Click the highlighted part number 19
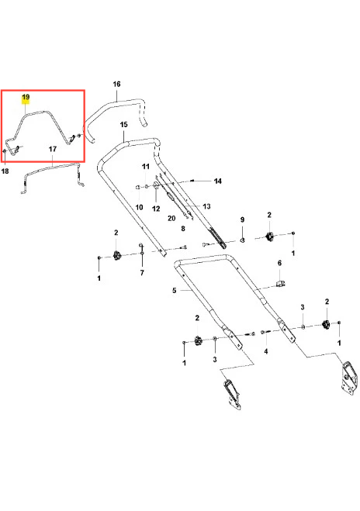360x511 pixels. (x=26, y=98)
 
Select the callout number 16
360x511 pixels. (x=116, y=84)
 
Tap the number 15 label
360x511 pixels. (x=123, y=125)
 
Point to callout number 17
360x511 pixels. (x=53, y=149)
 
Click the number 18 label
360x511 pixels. (x=5, y=171)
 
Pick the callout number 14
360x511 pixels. (x=218, y=181)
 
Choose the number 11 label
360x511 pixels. (x=145, y=167)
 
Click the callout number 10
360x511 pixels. (x=139, y=207)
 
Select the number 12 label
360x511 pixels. (x=156, y=209)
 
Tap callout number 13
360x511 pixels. (x=206, y=206)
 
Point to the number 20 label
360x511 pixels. (x=171, y=219)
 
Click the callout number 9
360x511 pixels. (x=242, y=219)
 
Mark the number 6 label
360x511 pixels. (x=279, y=263)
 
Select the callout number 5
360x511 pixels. (x=174, y=290)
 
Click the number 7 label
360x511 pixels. (x=142, y=272)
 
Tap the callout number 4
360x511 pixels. (x=266, y=351)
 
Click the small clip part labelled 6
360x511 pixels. (x=280, y=283)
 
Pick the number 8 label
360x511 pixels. (x=183, y=229)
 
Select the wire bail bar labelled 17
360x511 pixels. (x=52, y=169)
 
